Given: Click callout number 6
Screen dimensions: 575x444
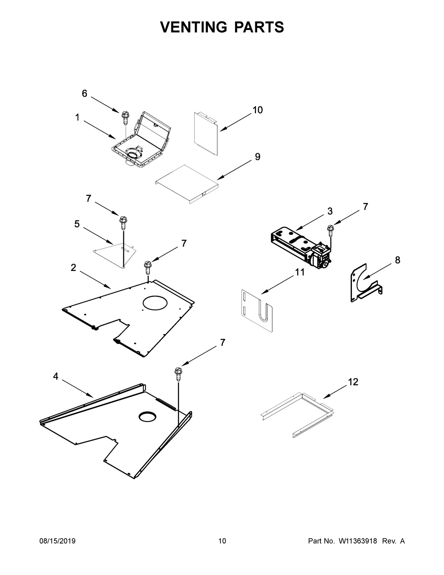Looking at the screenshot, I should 84,94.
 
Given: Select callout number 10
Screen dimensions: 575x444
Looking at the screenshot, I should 258,110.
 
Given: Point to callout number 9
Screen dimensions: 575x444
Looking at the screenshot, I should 258,157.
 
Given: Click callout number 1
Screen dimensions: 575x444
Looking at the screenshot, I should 77,118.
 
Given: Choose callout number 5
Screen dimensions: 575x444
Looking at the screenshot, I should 77,224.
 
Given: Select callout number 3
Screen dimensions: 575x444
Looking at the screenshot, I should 330,211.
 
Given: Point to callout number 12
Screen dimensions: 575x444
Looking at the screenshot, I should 353,382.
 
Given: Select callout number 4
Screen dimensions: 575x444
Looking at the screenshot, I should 55,377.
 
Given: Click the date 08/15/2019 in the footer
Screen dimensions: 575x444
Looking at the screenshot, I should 57,541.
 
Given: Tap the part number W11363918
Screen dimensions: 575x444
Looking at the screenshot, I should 357,541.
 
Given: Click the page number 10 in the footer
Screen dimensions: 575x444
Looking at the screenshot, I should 222,541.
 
